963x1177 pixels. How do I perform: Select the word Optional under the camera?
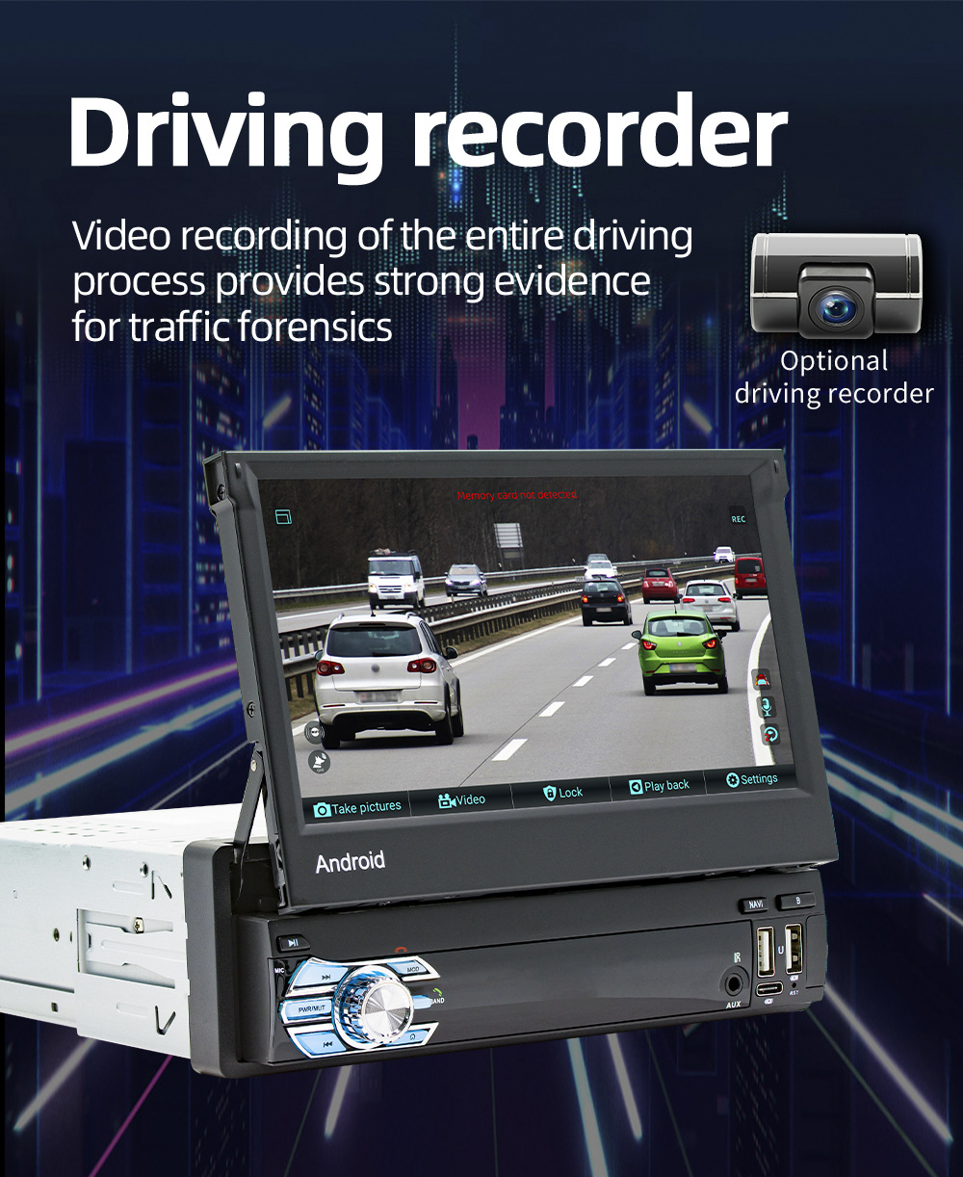pos(834,361)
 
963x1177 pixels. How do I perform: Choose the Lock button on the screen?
pos(563,793)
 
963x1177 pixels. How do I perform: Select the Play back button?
pos(660,786)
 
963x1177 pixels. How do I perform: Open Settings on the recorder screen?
pos(752,779)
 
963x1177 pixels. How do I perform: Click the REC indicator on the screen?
pos(739,519)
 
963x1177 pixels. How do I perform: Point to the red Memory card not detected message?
pos(516,495)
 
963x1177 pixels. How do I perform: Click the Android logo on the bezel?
pos(350,861)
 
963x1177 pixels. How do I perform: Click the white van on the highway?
pos(395,580)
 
